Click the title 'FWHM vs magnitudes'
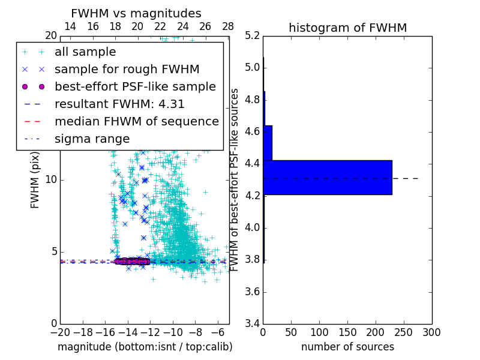tap(136, 13)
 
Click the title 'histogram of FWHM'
tap(347, 28)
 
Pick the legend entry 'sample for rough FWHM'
tap(127, 70)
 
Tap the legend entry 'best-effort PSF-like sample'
tap(135, 86)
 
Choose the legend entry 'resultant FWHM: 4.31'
tap(119, 104)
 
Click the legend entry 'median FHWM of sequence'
tap(136, 121)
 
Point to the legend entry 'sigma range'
tap(92, 139)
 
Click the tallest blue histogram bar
tap(328, 178)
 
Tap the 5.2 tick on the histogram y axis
tap(252, 35)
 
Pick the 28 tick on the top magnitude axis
tap(228, 26)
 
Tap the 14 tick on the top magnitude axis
tap(70, 26)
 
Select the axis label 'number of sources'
tap(347, 347)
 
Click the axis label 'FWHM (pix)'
tap(35, 180)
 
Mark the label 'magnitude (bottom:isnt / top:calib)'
tap(145, 347)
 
